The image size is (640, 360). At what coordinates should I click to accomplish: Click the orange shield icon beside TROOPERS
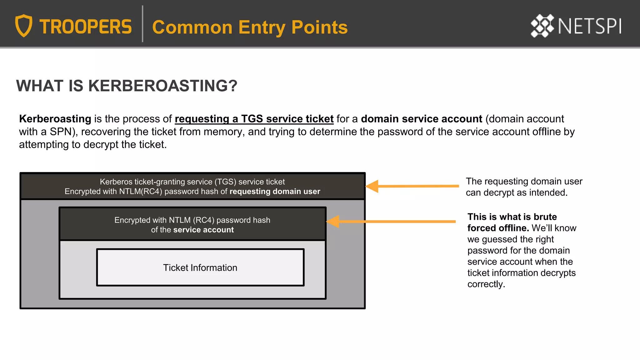coord(24,26)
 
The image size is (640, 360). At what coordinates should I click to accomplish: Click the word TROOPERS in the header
coord(86,27)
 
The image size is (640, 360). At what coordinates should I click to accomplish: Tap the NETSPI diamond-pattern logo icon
coord(542,26)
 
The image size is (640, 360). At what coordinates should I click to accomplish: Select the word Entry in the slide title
coord(262,27)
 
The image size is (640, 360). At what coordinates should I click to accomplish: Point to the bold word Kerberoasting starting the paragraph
coord(55,119)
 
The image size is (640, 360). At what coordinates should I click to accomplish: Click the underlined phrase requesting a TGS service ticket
coord(254,119)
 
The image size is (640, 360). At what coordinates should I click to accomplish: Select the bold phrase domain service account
coord(421,119)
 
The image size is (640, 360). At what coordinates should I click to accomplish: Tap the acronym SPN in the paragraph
coord(61,132)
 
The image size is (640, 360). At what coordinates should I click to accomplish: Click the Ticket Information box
coord(200,267)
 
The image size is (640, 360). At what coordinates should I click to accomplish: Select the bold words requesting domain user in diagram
coord(275,192)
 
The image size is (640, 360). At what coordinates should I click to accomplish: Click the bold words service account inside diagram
coord(203,230)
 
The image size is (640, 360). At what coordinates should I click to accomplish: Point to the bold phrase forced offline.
coord(498,228)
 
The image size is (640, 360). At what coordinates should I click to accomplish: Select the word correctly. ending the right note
coord(486,284)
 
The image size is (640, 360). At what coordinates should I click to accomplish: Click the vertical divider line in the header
coord(142,24)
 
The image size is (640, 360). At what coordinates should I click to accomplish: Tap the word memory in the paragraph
coord(223,132)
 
